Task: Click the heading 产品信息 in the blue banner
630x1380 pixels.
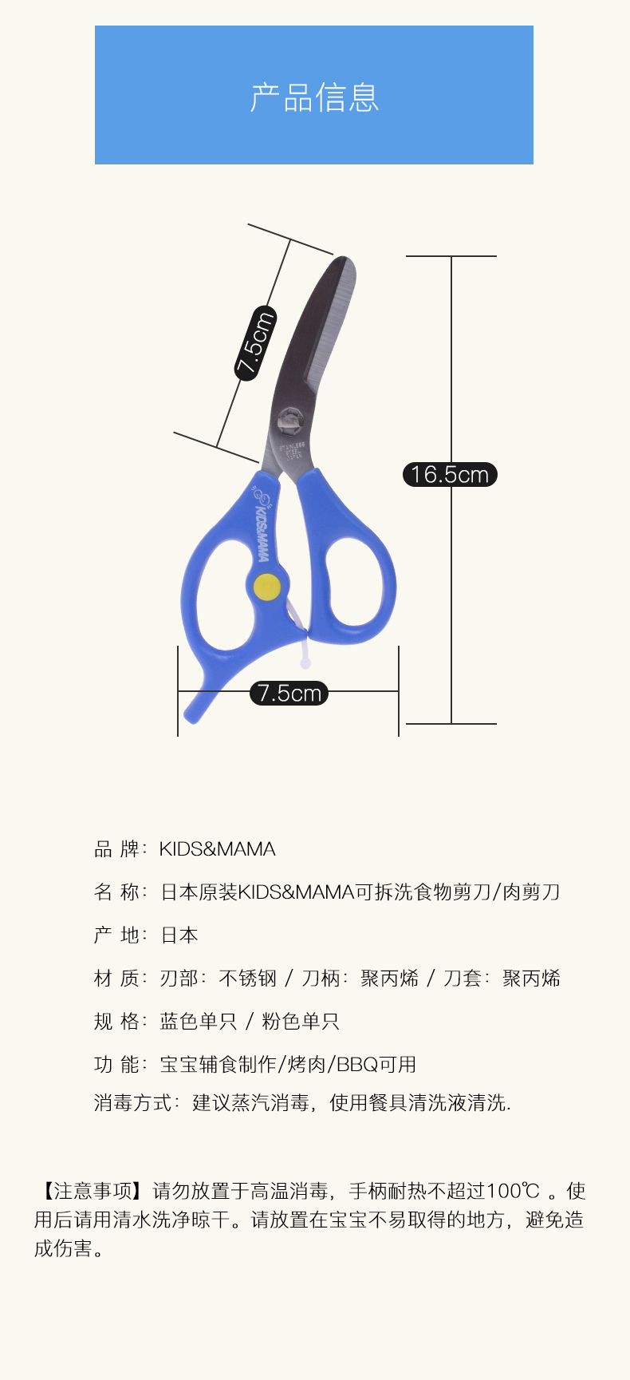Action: click(314, 97)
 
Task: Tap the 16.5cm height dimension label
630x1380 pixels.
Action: click(450, 475)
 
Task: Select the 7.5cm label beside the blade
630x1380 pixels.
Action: click(255, 342)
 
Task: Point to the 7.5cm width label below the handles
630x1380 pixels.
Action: click(289, 693)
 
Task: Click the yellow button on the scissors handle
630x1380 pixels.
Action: click(266, 587)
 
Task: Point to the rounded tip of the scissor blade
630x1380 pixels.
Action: click(344, 264)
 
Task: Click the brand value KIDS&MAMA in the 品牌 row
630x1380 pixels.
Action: click(217, 849)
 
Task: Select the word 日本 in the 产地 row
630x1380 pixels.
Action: click(179, 935)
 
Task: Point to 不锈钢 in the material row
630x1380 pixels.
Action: click(248, 979)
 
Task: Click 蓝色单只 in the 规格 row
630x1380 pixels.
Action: click(198, 1022)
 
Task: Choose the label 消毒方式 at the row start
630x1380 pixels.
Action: click(132, 1103)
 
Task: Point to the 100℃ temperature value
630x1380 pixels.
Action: click(514, 1192)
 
